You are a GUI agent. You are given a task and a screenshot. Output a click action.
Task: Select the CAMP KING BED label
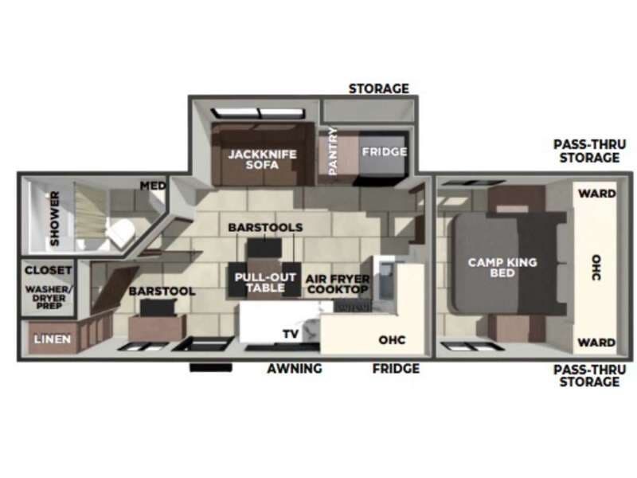point(502,267)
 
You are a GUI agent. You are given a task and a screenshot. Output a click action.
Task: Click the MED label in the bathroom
point(153,186)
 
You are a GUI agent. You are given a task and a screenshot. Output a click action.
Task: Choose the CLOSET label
point(47,270)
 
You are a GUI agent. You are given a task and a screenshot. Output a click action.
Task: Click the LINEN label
point(52,339)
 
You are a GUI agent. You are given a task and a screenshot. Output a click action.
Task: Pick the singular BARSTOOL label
point(162,292)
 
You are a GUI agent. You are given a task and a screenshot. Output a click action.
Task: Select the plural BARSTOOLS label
point(265,227)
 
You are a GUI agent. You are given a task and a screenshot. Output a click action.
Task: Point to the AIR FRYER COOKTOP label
point(338,284)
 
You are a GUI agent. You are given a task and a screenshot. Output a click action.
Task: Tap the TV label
point(290,335)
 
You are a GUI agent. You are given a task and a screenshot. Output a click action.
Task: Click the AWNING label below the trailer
point(294,368)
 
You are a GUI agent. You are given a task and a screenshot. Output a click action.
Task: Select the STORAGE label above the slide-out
point(378,88)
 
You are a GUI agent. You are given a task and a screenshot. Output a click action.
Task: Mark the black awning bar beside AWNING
point(210,368)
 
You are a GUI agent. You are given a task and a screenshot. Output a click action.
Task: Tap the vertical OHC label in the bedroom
point(596,267)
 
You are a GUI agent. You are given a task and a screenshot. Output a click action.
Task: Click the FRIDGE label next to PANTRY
point(384,151)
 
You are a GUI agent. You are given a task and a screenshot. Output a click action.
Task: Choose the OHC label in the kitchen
point(391,340)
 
